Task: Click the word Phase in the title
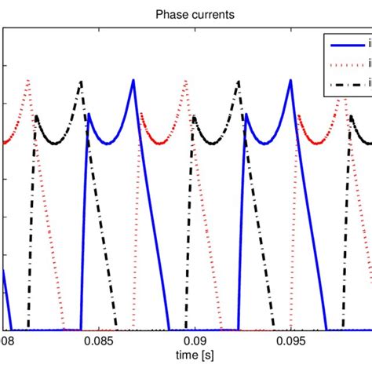162,14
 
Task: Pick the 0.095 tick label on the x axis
291,342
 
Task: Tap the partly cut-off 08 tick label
6,342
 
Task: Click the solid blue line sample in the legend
346,46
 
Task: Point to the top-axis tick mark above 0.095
291,30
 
